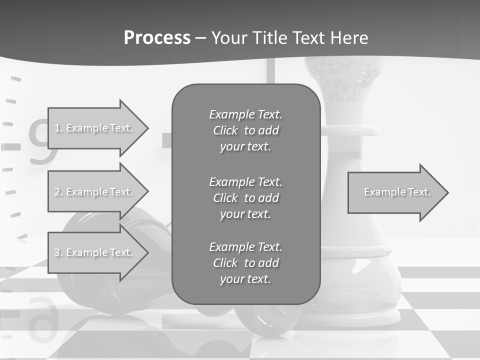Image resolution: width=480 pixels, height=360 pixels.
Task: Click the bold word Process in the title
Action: pos(157,38)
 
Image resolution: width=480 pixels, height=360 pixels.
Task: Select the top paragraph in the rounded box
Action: pos(245,130)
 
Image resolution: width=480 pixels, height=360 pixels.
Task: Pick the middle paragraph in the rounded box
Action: pos(245,198)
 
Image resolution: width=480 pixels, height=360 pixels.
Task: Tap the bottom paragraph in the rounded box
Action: pos(245,263)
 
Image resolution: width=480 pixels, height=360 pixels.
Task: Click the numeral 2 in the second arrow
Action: pos(57,192)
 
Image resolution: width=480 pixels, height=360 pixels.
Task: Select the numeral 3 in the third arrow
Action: pos(57,252)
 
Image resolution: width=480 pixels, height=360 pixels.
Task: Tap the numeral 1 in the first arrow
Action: pos(56,128)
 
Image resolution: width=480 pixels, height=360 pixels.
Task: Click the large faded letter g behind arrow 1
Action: pos(39,142)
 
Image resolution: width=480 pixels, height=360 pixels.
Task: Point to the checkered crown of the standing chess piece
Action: pos(344,80)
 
